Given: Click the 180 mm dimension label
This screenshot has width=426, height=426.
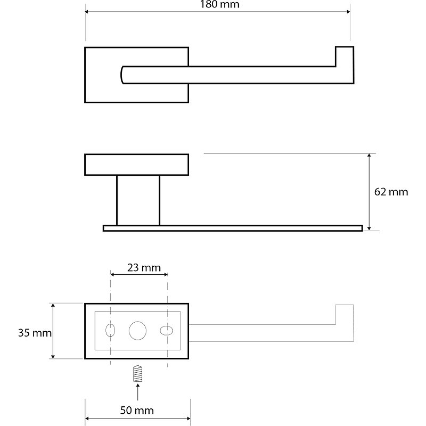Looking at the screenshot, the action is (x=219, y=4).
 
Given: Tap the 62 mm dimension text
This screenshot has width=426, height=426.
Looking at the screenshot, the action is (x=391, y=192).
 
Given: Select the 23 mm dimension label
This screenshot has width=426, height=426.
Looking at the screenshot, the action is (x=144, y=268).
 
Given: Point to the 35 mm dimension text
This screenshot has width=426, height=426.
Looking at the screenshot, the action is (x=35, y=333).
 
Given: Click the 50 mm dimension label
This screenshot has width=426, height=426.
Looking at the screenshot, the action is (x=137, y=410).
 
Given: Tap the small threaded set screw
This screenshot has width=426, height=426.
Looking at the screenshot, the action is (x=138, y=373).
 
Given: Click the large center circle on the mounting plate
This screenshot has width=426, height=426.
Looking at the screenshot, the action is (x=137, y=331).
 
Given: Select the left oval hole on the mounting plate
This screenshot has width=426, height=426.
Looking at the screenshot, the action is (x=110, y=330).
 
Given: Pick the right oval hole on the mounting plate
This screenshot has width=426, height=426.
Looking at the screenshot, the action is (x=166, y=331).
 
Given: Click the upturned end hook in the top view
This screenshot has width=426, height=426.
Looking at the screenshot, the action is (x=345, y=65).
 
